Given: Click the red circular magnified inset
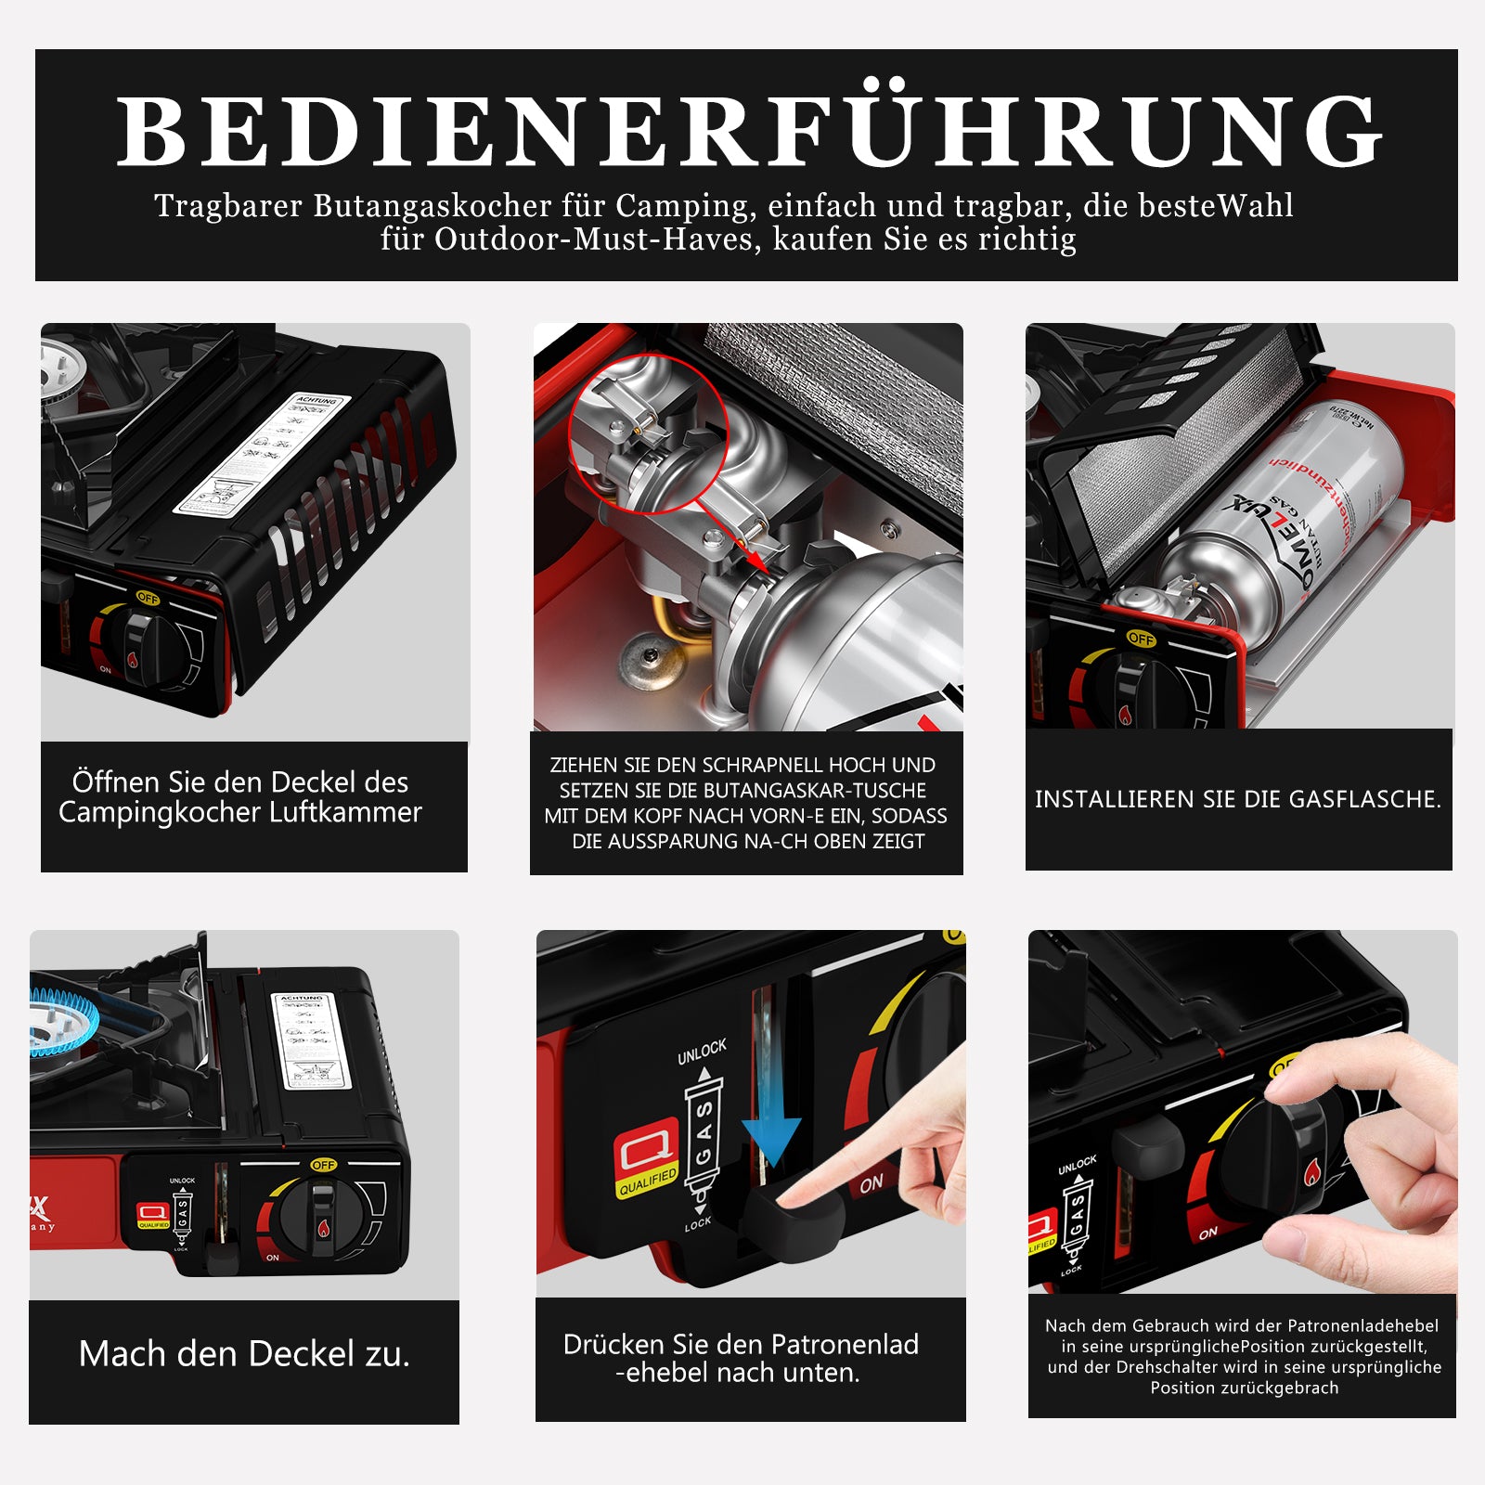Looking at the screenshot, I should [x=647, y=433].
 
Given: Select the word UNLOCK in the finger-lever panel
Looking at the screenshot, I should [x=702, y=1052].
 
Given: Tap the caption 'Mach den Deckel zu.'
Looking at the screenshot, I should [x=244, y=1354].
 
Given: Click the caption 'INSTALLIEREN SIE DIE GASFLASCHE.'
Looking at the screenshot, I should [x=1238, y=799].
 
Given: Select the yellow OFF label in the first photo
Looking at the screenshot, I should [x=148, y=599].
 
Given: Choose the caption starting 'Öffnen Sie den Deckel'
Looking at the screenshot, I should [x=240, y=796].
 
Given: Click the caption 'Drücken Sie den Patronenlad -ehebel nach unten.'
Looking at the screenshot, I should [x=741, y=1358].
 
